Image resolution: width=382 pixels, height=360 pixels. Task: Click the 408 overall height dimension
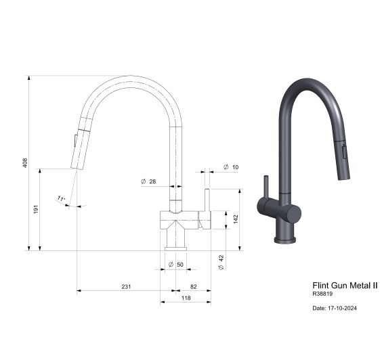pyautogui.click(x=24, y=163)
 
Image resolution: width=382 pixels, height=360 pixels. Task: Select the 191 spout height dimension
pyautogui.click(x=36, y=210)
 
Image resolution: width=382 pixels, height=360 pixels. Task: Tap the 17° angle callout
pyautogui.click(x=61, y=199)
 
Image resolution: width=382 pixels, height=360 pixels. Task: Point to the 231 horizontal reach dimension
pyautogui.click(x=126, y=287)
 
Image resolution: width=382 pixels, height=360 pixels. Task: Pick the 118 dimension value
pyautogui.click(x=186, y=298)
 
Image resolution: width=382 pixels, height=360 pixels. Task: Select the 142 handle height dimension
pyautogui.click(x=235, y=219)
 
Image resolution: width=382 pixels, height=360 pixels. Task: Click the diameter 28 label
pyautogui.click(x=149, y=181)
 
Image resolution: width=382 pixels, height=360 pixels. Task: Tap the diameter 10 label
pyautogui.click(x=230, y=166)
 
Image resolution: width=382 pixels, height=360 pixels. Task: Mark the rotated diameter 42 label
pyautogui.click(x=221, y=263)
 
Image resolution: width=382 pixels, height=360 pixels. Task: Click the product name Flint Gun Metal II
pyautogui.click(x=344, y=286)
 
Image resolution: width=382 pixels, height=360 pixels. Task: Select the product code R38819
pyautogui.click(x=323, y=294)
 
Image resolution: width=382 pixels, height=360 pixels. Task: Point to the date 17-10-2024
pyautogui.click(x=335, y=308)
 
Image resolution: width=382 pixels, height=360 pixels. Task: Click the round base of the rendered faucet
pyautogui.click(x=285, y=237)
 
